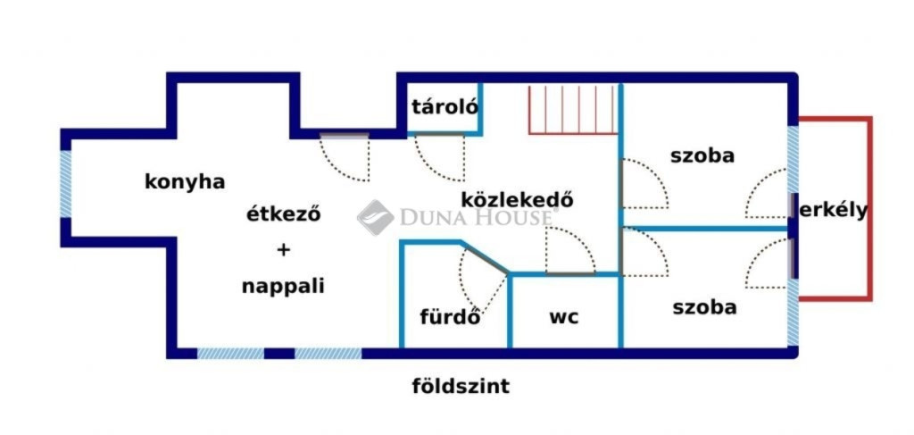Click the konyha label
[185, 182]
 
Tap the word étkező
[283, 214]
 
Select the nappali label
[283, 287]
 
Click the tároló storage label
[445, 106]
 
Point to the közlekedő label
[518, 199]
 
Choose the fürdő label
[451, 317]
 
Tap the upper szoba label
[702, 155]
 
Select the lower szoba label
[704, 308]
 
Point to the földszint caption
[461, 387]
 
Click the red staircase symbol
[573, 110]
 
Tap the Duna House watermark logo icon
[375, 217]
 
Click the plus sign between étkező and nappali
[283, 250]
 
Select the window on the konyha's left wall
[65, 185]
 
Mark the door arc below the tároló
[440, 158]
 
